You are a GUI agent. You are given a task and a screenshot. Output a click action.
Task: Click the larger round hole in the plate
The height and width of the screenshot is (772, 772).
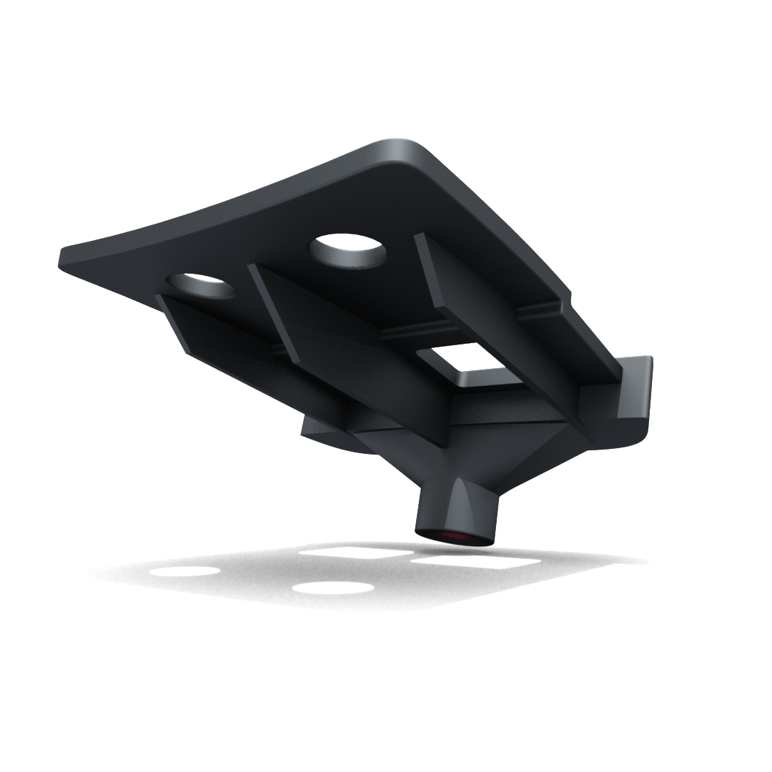pyautogui.click(x=347, y=251)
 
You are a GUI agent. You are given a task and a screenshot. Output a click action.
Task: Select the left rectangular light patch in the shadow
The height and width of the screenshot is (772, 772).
pyautogui.click(x=355, y=553)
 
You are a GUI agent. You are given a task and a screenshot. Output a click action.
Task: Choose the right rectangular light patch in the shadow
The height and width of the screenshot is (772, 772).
pyautogui.click(x=475, y=562)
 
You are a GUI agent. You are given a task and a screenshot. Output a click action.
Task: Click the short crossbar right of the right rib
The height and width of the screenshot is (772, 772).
pyautogui.click(x=540, y=311)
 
